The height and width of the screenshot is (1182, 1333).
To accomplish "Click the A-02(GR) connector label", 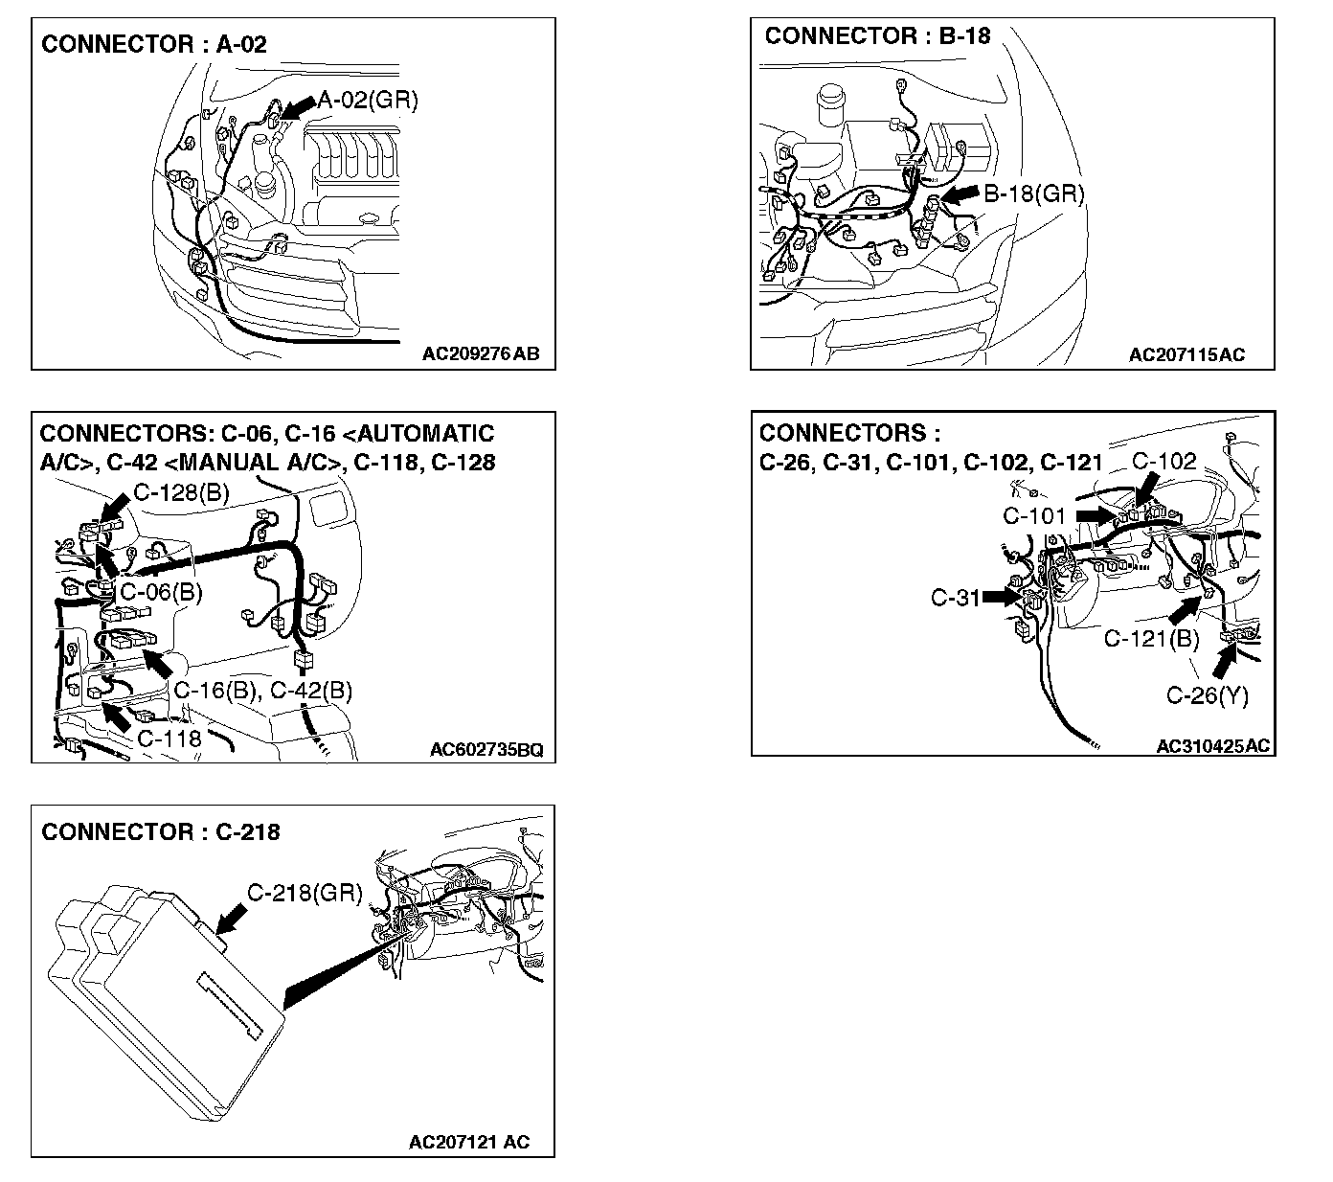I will click(x=368, y=100).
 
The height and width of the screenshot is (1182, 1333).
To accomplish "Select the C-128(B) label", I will click(x=181, y=493).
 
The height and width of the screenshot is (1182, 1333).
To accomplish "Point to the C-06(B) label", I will click(x=161, y=592).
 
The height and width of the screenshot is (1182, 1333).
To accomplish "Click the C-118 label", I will click(x=169, y=738).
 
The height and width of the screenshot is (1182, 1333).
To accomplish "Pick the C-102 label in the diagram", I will click(x=1164, y=462).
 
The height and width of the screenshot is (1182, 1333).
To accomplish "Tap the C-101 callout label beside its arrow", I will click(x=1034, y=515).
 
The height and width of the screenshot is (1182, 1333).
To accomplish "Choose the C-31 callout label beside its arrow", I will click(x=955, y=598).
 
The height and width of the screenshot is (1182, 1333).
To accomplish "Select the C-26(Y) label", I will click(x=1207, y=695).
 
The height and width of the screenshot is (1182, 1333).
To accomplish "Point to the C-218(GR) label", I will click(x=305, y=893).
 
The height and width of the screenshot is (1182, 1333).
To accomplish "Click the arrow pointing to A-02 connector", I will click(x=299, y=108).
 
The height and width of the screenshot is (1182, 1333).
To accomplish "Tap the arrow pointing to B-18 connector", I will click(x=960, y=195).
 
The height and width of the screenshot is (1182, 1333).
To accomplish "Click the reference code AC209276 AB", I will click(x=481, y=353).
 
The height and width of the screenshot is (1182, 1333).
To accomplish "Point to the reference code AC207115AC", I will click(x=1186, y=354).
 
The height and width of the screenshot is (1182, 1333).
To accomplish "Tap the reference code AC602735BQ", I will click(x=486, y=749).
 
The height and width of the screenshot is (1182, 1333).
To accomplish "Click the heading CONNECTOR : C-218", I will click(x=161, y=831).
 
